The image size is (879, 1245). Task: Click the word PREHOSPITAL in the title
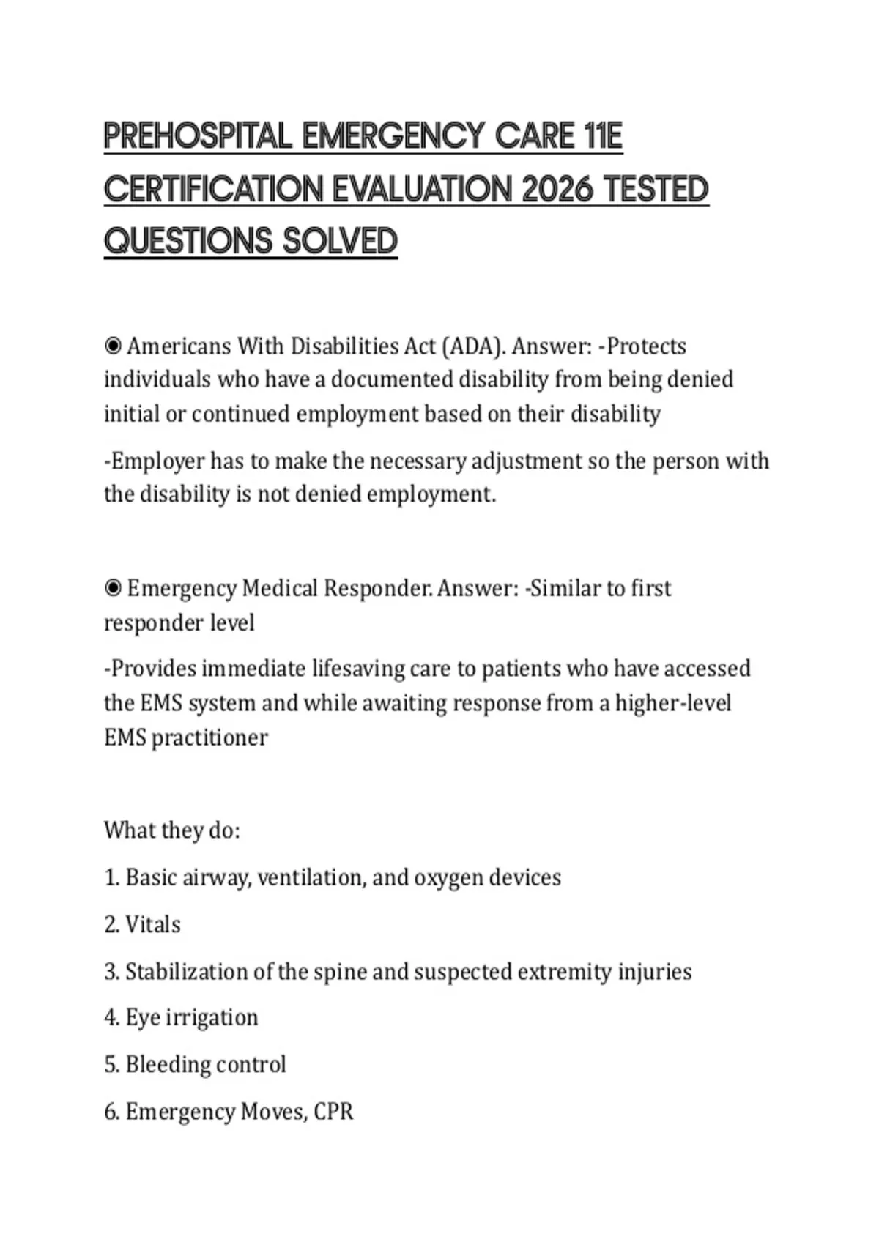click(x=198, y=136)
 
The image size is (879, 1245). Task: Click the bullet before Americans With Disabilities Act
click(x=113, y=346)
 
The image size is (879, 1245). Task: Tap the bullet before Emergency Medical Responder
click(x=113, y=588)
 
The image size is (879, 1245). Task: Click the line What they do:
click(x=172, y=830)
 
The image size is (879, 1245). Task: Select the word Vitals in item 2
click(x=152, y=924)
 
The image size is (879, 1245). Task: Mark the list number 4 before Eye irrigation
click(x=111, y=1018)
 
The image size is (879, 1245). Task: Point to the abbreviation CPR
click(x=333, y=1112)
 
